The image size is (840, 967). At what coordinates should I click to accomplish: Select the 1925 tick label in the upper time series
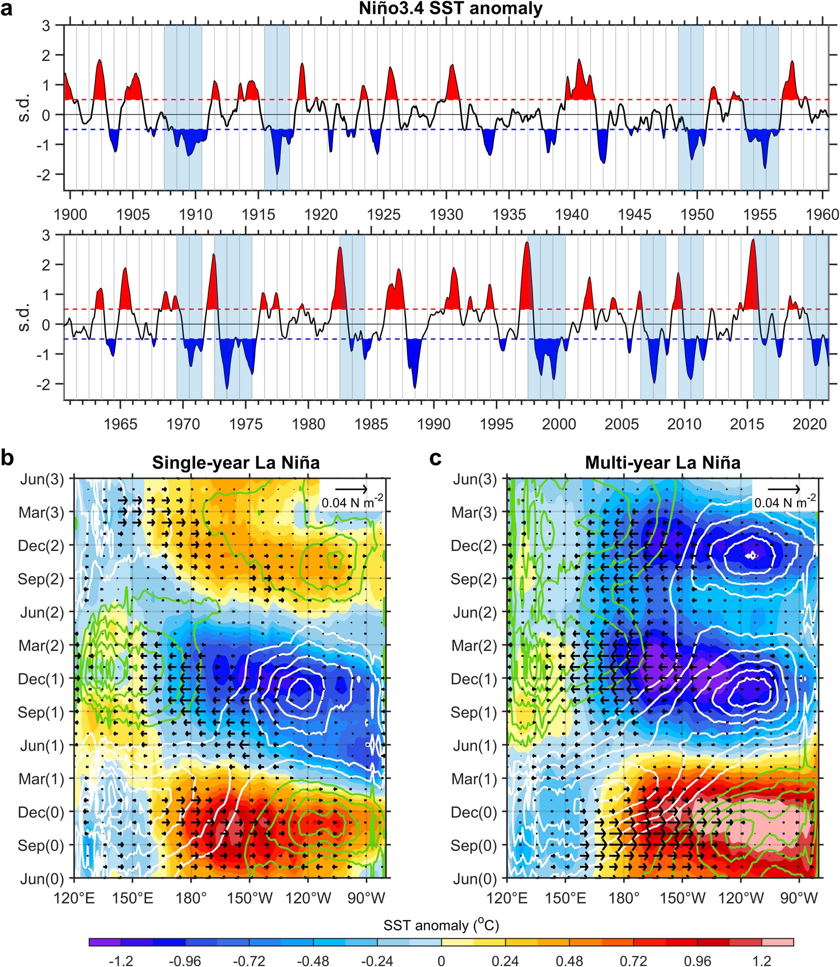[x=383, y=215]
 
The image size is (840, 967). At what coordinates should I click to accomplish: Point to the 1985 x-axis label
[x=371, y=424]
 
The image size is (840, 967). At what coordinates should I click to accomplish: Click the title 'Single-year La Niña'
[x=236, y=463]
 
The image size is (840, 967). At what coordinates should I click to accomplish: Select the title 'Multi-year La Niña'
[x=663, y=463]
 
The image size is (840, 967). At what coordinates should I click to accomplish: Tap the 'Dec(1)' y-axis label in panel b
[x=41, y=679]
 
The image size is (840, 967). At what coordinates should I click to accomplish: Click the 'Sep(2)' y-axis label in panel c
[x=474, y=579]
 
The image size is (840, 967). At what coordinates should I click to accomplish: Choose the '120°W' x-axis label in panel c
[x=741, y=898]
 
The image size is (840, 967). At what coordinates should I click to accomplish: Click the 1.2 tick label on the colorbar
[x=762, y=961]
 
